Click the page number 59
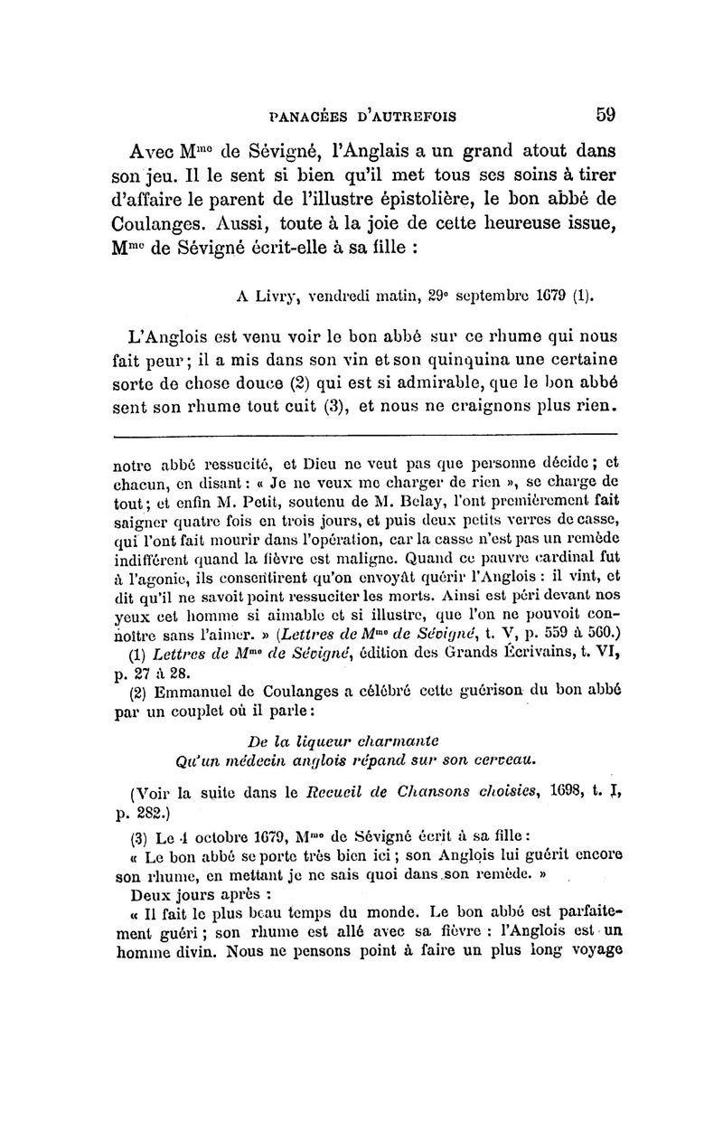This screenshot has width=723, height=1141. click(x=605, y=115)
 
